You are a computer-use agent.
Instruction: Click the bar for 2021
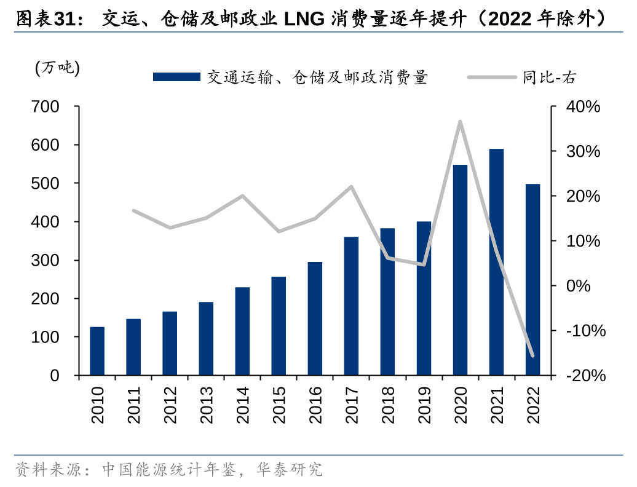click(x=496, y=262)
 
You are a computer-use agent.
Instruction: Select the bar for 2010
click(x=97, y=351)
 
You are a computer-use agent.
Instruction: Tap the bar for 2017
click(x=351, y=306)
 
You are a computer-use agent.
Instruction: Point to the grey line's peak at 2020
click(x=460, y=122)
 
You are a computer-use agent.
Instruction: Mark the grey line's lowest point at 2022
click(x=532, y=355)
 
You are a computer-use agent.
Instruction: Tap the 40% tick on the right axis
click(x=583, y=107)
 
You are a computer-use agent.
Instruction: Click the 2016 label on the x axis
click(x=315, y=405)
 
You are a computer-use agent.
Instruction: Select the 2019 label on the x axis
click(x=424, y=405)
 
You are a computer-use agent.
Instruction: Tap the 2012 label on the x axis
click(x=170, y=405)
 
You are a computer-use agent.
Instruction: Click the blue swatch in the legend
click(x=176, y=77)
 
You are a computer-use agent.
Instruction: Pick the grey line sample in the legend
click(x=492, y=77)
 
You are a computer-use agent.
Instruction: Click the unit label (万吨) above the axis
click(x=57, y=68)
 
